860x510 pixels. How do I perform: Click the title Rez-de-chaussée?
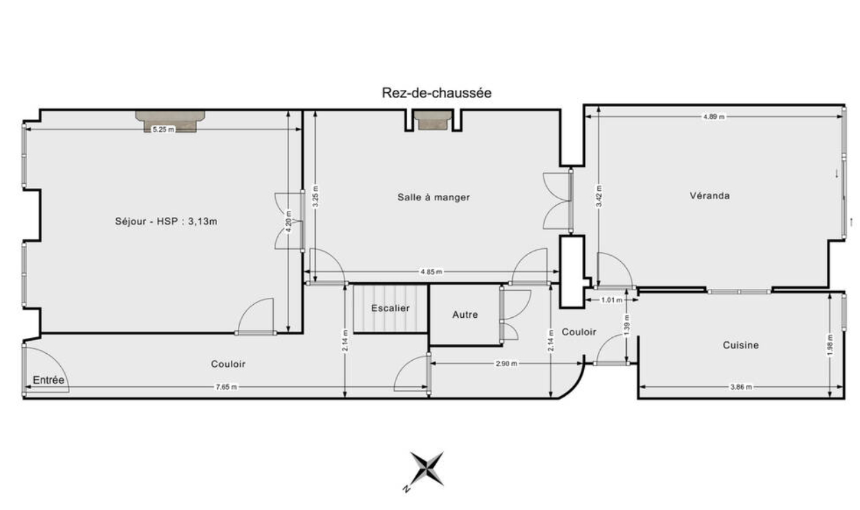pyautogui.click(x=436, y=93)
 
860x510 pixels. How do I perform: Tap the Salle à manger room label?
pyautogui.click(x=433, y=197)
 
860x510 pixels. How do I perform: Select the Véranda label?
pyautogui.click(x=709, y=196)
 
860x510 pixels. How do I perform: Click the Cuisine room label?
pyautogui.click(x=740, y=345)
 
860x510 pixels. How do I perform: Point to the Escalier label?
pyautogui.click(x=390, y=308)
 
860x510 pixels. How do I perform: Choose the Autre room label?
pyautogui.click(x=465, y=314)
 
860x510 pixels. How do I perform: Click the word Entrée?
pyautogui.click(x=48, y=380)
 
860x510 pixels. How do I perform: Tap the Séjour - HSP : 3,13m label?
pyautogui.click(x=166, y=221)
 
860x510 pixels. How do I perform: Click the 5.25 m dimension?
pyautogui.click(x=163, y=129)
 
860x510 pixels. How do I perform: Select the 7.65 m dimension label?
pyautogui.click(x=226, y=387)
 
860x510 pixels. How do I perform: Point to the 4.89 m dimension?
pyautogui.click(x=713, y=117)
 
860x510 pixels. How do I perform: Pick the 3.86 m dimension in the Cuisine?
pyautogui.click(x=740, y=387)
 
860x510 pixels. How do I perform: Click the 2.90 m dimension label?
pyautogui.click(x=506, y=363)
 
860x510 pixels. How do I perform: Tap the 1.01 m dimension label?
pyautogui.click(x=611, y=300)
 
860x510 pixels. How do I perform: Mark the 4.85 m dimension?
pyautogui.click(x=431, y=272)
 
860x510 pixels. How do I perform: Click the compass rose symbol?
pyautogui.click(x=427, y=469)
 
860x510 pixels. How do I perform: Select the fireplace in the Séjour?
pyautogui.click(x=170, y=121)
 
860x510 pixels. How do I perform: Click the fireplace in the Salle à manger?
pyautogui.click(x=433, y=120)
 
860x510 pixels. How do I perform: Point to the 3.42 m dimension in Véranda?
pyautogui.click(x=599, y=196)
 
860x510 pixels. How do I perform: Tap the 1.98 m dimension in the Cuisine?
pyautogui.click(x=830, y=345)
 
